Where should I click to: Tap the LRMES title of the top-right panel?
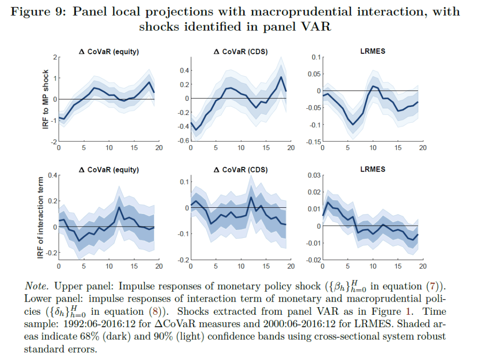(372, 51)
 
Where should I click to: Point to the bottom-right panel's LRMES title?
(372, 169)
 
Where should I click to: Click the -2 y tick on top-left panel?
(53, 142)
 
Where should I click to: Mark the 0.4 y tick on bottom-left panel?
(51, 175)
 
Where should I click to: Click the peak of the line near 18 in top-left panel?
(149, 82)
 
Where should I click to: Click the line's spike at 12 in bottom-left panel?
(119, 207)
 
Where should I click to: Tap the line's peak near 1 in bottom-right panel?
(327, 203)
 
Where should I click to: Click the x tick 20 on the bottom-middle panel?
(291, 266)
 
